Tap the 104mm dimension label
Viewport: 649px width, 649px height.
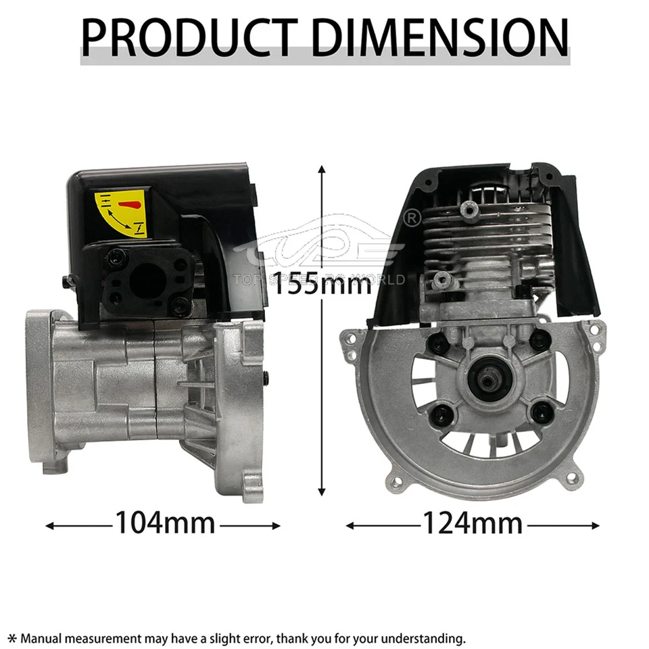coord(164,523)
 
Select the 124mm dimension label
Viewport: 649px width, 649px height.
coord(473,523)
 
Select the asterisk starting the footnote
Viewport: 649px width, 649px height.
coord(11,638)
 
